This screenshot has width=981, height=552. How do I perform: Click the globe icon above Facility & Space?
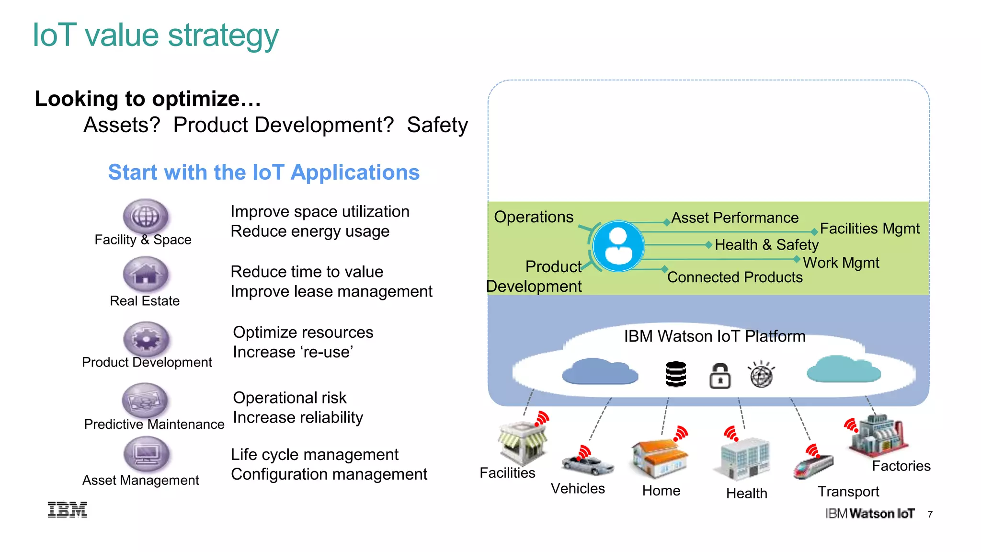pos(146,217)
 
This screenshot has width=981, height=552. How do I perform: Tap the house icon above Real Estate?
pos(146,275)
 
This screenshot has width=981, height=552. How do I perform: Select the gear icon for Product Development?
pos(146,339)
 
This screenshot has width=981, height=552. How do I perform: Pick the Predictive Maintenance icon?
pos(145,400)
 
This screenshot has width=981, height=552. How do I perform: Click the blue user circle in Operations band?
pos(618,246)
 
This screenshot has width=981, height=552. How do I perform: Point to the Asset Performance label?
pos(735,218)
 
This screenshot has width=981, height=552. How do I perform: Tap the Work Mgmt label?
pos(841,263)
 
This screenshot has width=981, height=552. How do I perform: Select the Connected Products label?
pos(735,277)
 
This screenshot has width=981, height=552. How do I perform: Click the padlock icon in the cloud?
pos(719,376)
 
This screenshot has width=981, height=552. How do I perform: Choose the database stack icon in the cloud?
pos(676,374)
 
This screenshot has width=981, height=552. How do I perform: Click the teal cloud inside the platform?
pos(843,369)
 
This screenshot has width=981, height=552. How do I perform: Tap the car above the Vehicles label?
pos(588,464)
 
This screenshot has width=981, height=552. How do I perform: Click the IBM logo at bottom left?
pos(68,510)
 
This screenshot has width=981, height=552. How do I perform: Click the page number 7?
pos(930,515)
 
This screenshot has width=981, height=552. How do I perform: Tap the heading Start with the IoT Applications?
pos(264,172)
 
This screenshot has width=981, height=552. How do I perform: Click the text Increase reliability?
pos(298,417)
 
